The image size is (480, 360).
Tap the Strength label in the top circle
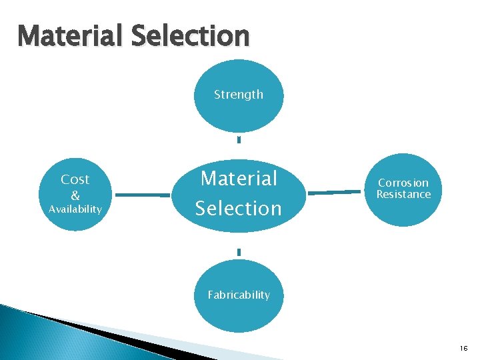pos(239,95)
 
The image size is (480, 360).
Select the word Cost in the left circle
pos(75,179)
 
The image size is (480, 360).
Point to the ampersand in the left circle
pos(75,195)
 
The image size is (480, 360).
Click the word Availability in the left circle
pos(75,209)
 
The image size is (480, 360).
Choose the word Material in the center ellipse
pos(239,179)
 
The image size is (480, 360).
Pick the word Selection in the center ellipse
pos(239,208)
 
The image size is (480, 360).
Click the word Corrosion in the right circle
pos(403,183)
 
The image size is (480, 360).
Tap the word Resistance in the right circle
pos(403,195)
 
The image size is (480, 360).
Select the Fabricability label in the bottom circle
pos(239,295)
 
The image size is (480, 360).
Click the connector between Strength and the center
pos(239,140)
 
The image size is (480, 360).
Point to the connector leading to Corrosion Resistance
pos(335,193)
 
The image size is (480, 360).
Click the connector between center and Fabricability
pos(239,252)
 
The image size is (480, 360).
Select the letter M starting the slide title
pos(31,35)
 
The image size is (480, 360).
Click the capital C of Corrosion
pos(381,183)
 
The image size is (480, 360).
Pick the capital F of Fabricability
pos(211,295)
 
